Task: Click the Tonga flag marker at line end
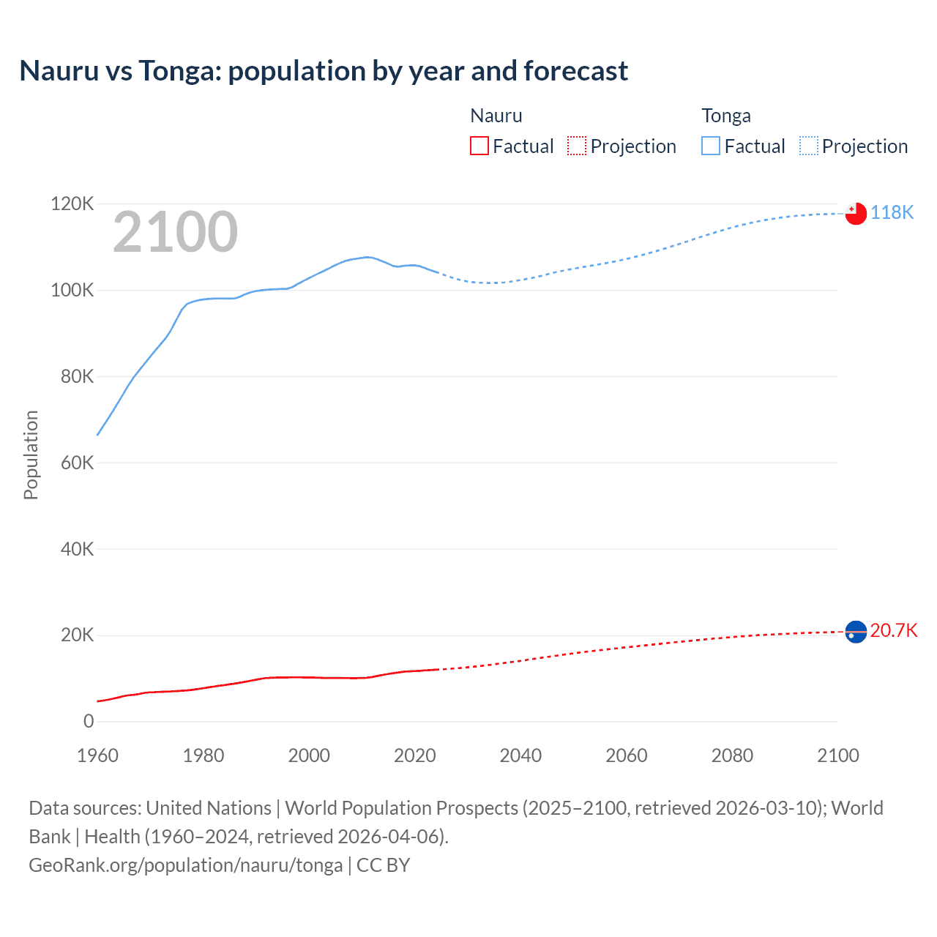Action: coord(856,213)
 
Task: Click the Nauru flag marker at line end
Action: coord(856,631)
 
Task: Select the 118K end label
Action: coord(892,212)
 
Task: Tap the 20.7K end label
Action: coord(893,630)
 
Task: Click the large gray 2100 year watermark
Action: coord(175,232)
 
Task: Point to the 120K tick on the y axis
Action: coord(72,204)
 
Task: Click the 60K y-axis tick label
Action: coord(77,463)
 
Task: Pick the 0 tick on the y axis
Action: coord(89,721)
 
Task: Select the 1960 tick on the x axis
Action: coord(97,755)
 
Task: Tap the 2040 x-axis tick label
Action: coord(520,755)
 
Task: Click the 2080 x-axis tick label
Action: coord(732,755)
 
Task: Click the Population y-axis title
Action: coord(31,455)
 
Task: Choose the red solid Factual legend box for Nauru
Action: coord(479,146)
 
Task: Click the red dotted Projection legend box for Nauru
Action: coord(577,146)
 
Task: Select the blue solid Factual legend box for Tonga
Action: coord(711,146)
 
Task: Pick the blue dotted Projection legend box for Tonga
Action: coord(808,146)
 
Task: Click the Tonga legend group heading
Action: coord(726,116)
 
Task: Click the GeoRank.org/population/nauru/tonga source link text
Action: coord(185,865)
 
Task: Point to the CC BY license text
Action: coord(383,865)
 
